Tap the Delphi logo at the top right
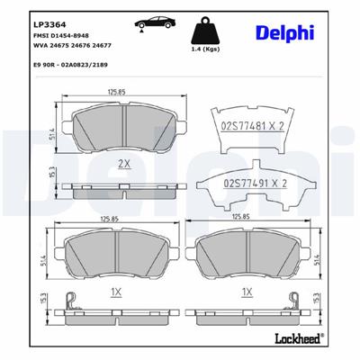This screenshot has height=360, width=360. pyautogui.click(x=294, y=32)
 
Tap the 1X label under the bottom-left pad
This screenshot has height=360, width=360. pyautogui.click(x=114, y=292)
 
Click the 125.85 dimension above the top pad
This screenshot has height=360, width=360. pyautogui.click(x=114, y=90)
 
